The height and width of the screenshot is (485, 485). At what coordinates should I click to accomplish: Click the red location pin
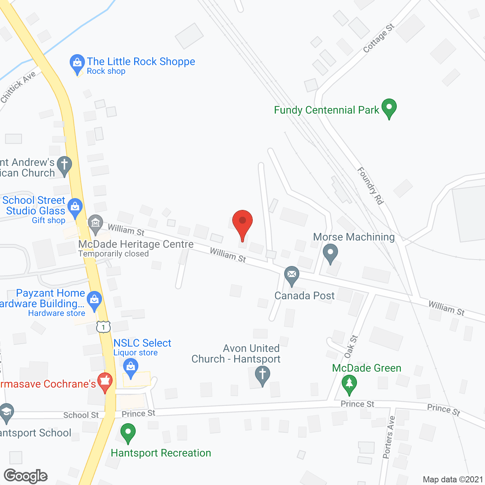[242, 222]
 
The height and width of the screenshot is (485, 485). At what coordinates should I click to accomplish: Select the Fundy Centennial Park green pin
[389, 108]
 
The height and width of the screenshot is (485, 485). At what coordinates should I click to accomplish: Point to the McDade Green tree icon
[349, 384]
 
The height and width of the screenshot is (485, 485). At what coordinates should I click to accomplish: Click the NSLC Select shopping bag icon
[131, 368]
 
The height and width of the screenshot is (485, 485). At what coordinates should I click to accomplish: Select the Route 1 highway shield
[103, 327]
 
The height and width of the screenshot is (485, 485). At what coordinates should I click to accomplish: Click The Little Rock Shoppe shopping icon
[77, 63]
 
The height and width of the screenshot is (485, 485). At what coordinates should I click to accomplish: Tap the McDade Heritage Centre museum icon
[95, 223]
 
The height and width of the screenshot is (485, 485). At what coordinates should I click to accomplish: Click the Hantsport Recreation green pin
[128, 433]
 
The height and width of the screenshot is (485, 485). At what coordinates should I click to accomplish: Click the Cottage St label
[379, 38]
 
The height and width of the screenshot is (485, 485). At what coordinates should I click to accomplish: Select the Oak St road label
[351, 346]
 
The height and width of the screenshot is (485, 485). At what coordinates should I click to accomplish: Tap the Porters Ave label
[389, 437]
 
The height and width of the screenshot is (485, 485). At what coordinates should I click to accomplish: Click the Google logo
[26, 476]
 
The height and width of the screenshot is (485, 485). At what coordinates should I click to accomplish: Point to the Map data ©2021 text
[453, 479]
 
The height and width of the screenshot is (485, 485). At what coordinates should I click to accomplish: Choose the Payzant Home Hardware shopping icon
[94, 300]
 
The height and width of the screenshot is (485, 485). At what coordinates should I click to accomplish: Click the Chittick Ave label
[18, 87]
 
